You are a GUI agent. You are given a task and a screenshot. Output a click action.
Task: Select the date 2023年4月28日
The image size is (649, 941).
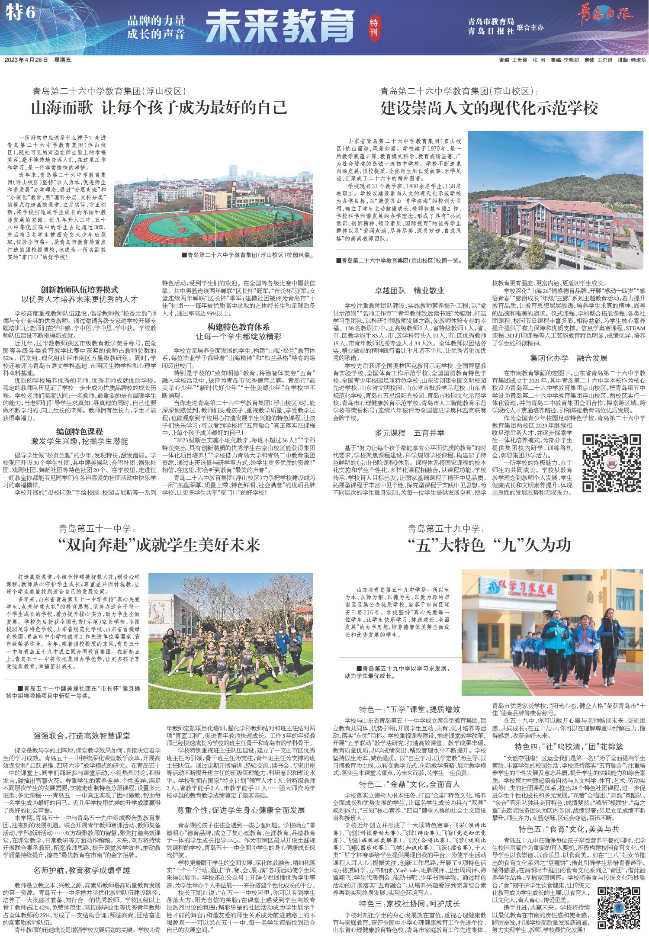[x=26, y=61]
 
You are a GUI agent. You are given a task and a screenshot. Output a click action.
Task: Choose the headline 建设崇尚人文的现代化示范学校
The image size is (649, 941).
[x=489, y=108]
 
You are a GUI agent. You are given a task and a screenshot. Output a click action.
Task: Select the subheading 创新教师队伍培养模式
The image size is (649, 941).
[x=80, y=290]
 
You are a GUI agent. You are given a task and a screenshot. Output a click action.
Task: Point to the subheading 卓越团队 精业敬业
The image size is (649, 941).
[x=410, y=291]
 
